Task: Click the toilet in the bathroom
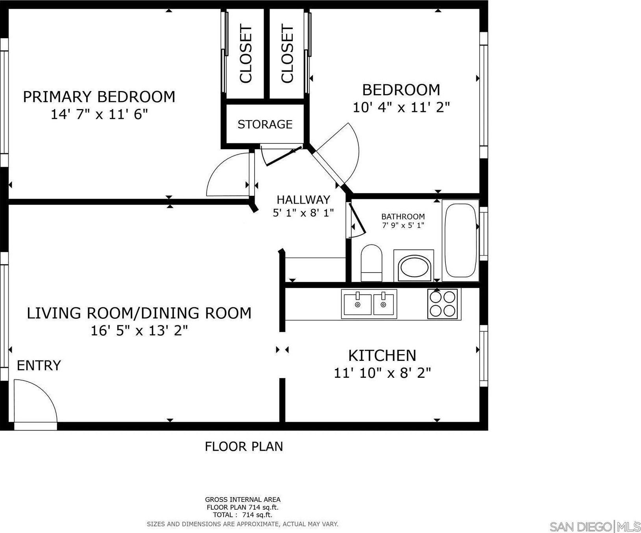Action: coord(371,263)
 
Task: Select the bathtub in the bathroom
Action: coord(460,241)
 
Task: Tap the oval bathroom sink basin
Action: coord(414,267)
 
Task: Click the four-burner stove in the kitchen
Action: coord(443,303)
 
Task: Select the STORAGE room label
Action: coord(265,124)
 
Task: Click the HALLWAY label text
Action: coord(303,199)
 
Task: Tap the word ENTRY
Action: coord(39,366)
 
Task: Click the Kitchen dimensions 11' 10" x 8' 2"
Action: coord(382,373)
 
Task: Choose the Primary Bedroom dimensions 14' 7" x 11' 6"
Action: coord(99,115)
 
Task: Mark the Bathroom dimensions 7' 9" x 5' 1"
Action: coord(403,226)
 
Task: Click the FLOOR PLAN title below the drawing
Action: coord(244,446)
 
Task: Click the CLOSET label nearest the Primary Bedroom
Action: coord(246,54)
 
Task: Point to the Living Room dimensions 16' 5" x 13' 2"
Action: coord(139,331)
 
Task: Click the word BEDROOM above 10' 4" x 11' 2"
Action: coord(401,90)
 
